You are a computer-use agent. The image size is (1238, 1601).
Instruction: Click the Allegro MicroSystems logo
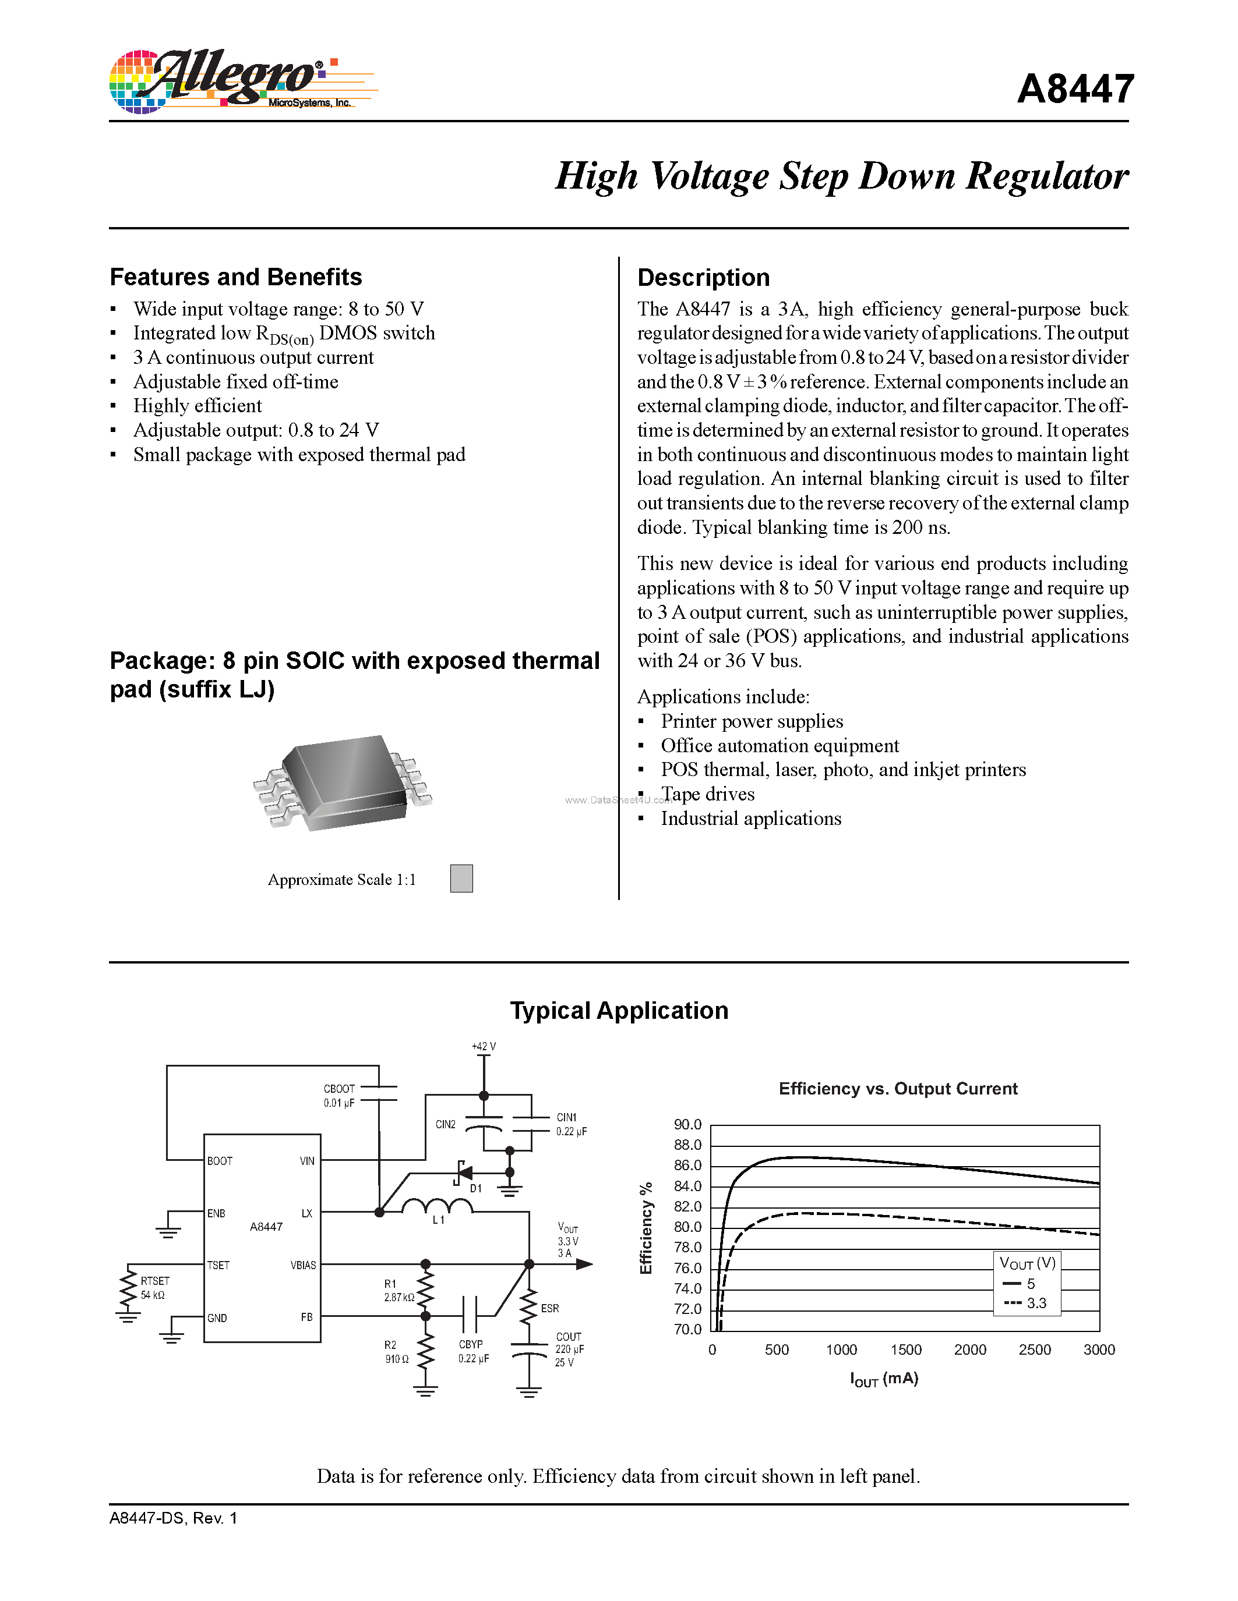[x=242, y=81]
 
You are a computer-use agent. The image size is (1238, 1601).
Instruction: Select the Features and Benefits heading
[x=235, y=277]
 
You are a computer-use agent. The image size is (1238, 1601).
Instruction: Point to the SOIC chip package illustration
[x=343, y=783]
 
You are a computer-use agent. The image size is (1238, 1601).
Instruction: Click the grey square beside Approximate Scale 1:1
[x=461, y=878]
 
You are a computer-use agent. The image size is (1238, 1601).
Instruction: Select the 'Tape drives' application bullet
[x=707, y=794]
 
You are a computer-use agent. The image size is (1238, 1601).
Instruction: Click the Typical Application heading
[x=619, y=1010]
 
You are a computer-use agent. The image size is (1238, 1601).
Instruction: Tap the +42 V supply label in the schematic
[x=484, y=1046]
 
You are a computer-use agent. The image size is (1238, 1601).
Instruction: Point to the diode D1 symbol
[x=464, y=1173]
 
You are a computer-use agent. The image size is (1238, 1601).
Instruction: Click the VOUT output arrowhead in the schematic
[x=584, y=1264]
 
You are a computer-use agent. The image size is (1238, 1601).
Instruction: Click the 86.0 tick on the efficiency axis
[x=687, y=1166]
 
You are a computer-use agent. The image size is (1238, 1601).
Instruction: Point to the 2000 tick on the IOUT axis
[x=969, y=1349]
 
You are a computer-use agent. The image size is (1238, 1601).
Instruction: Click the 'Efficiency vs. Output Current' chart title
[x=898, y=1089]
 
